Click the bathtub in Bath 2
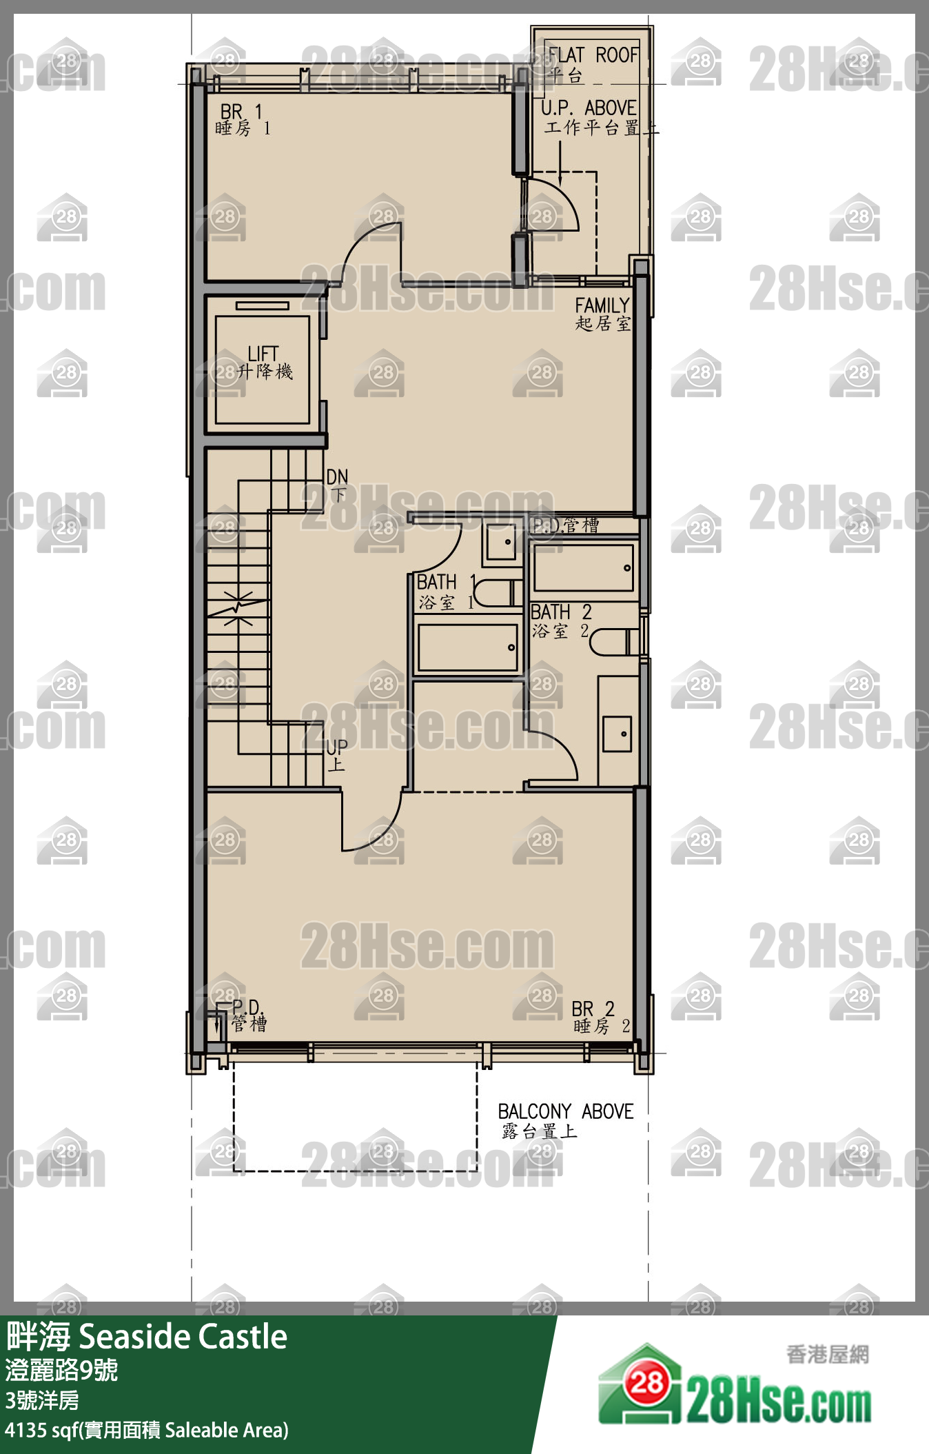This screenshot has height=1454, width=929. click(x=583, y=568)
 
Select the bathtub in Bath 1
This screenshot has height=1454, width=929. click(x=467, y=647)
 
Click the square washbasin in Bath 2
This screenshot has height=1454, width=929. click(x=617, y=734)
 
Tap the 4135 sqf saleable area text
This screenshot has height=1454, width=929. click(x=146, y=1430)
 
